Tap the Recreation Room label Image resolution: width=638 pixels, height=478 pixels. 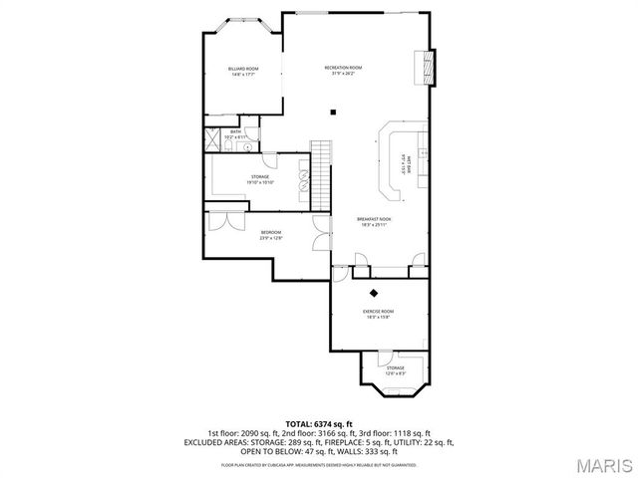[x=343, y=70]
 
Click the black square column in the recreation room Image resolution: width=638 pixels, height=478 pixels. [x=334, y=112]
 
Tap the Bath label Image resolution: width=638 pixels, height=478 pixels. [x=235, y=133]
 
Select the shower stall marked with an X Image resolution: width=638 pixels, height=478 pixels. [x=214, y=131]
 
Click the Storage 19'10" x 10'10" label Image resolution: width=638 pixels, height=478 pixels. [x=262, y=179]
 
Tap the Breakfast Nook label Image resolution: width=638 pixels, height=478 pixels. [x=374, y=221]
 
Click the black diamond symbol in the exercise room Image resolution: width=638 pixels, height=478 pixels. [x=375, y=293]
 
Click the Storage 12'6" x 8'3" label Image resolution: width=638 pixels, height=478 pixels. [x=396, y=370]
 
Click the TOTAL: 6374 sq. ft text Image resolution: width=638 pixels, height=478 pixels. [x=319, y=423]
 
